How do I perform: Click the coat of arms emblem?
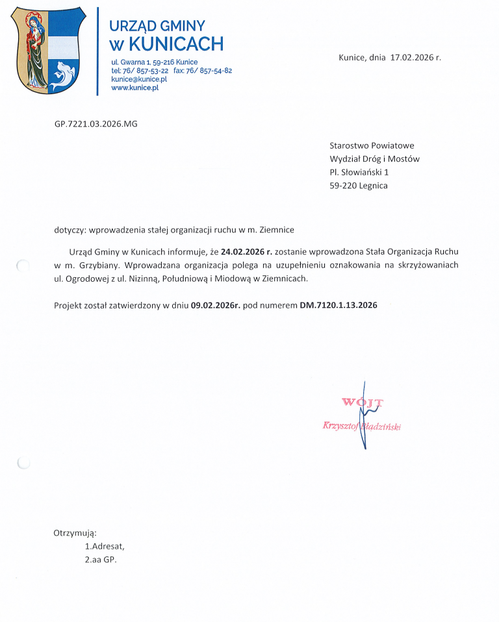tap(49, 50)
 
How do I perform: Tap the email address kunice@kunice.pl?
tap(139, 79)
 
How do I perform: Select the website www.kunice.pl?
tap(135, 87)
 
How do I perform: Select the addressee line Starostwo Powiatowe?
tap(372, 145)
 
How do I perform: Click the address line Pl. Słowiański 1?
tap(359, 173)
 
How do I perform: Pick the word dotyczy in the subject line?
tap(70, 229)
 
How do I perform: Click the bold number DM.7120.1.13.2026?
tap(338, 305)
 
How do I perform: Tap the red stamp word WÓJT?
tap(362, 403)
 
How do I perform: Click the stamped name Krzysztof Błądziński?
tap(362, 426)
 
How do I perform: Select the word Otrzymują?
tap(75, 533)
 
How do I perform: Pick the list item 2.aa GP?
tap(101, 560)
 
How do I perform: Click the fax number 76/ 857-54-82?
tap(209, 70)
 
